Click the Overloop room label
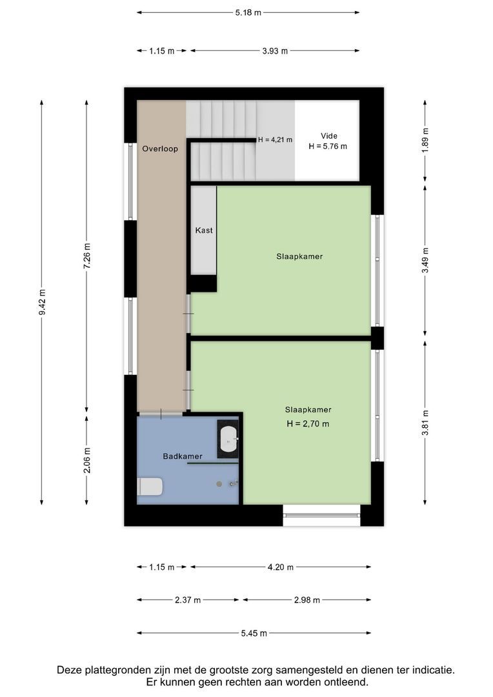tap(160, 148)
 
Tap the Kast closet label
tap(204, 230)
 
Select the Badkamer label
tap(183, 456)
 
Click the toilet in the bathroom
tap(150, 486)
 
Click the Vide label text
tap(329, 136)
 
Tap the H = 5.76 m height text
tap(328, 146)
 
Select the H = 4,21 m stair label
tap(276, 139)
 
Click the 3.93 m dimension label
tap(275, 51)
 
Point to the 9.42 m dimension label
tap(42, 302)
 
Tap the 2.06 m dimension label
tap(87, 460)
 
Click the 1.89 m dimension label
tap(425, 140)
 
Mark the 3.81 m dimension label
tap(425, 423)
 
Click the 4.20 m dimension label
tap(281, 567)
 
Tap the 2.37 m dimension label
tap(188, 600)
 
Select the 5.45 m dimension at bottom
tap(254, 633)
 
